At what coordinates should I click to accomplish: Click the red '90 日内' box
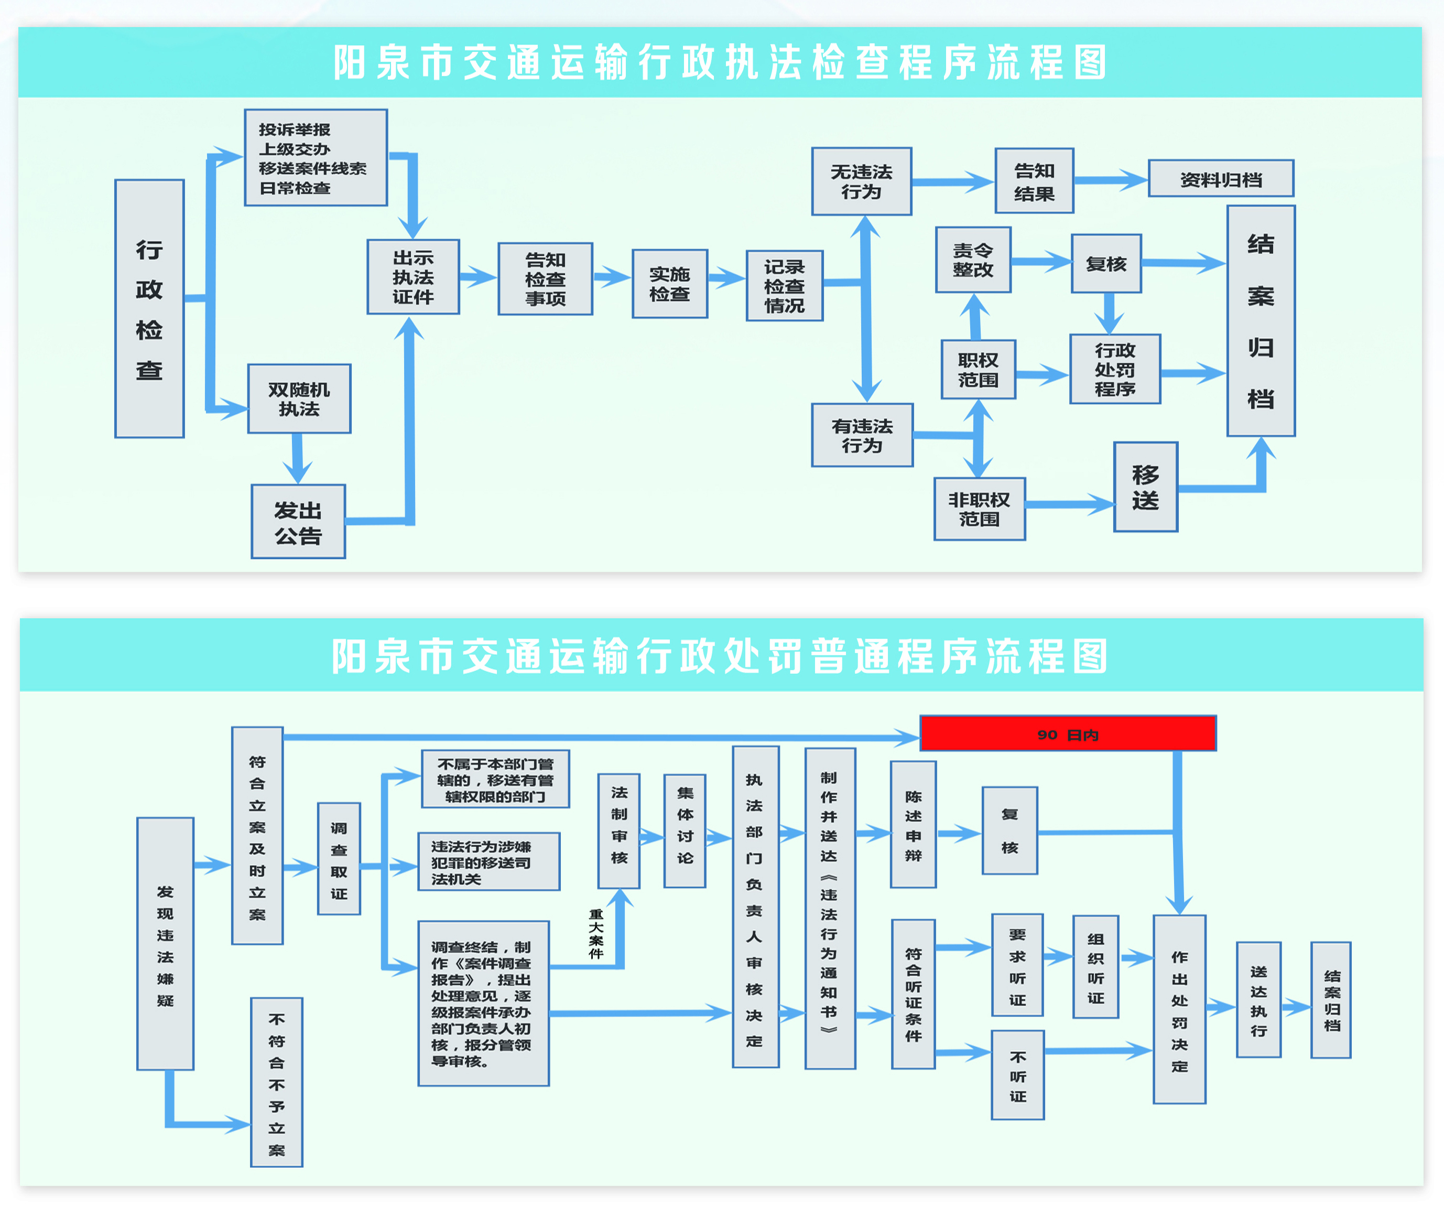1067,734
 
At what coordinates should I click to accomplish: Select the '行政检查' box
149,309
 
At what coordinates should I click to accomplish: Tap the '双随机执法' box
299,399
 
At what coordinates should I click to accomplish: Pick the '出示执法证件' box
413,277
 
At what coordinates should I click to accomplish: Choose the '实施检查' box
669,284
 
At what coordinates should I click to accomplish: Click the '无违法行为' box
862,181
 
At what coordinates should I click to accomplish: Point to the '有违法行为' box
862,435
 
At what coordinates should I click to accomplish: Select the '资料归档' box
1220,179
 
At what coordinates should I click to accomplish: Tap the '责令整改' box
973,260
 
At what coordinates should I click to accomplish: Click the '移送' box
1145,487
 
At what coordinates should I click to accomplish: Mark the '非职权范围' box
979,509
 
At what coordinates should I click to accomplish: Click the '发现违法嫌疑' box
165,944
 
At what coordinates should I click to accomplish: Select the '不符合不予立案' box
276,1083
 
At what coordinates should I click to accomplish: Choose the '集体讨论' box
684,831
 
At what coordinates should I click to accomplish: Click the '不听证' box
1017,1075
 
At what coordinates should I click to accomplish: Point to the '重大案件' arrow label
596,933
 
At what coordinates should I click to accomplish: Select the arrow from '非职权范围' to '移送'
1069,504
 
